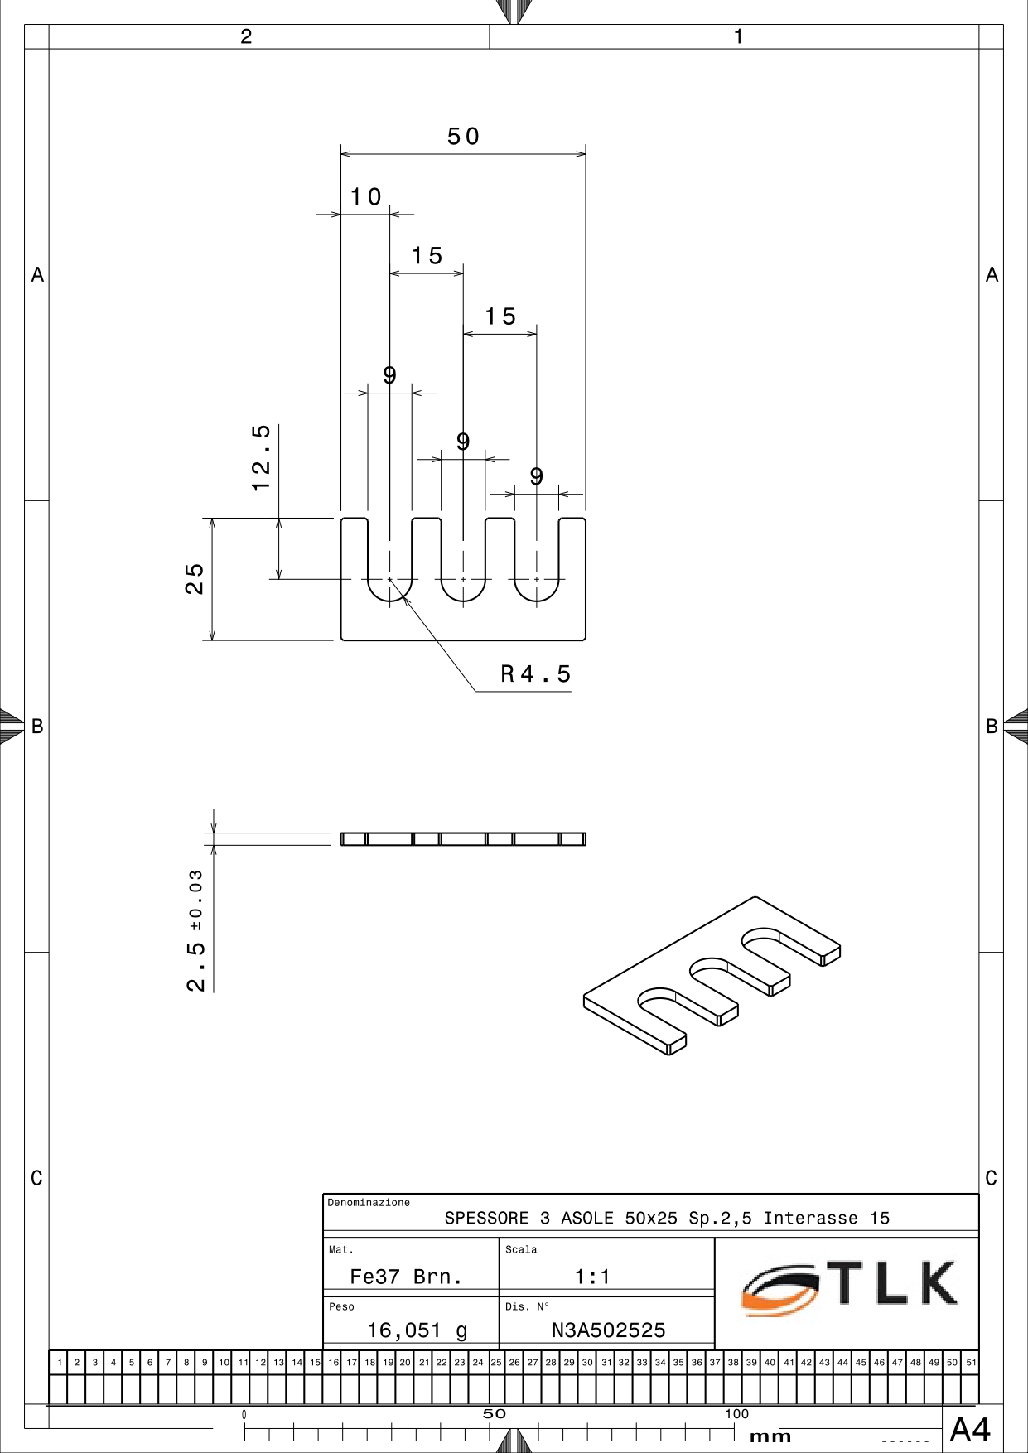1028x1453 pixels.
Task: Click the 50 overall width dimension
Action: pos(463,137)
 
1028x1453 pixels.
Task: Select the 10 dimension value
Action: pos(365,197)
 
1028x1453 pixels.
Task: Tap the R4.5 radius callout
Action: pos(536,674)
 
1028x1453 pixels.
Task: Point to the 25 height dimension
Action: pos(194,579)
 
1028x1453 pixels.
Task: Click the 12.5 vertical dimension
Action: pos(261,457)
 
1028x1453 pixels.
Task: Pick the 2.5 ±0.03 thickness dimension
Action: pos(195,930)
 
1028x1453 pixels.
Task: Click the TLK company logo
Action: pos(850,1286)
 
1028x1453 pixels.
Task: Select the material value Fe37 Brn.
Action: pos(406,1277)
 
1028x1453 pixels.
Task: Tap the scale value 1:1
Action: pos(592,1277)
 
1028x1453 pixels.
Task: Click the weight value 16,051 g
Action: pos(417,1330)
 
